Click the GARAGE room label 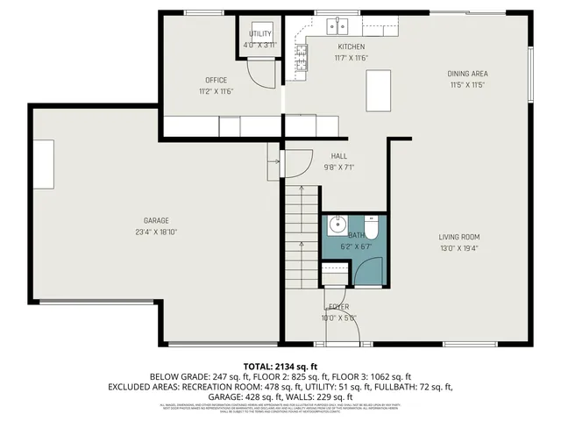click(x=156, y=220)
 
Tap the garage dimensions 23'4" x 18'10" click(x=156, y=232)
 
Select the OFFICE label click(x=216, y=80)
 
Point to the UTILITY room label click(x=259, y=33)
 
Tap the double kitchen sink click(x=338, y=26)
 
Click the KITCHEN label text click(x=351, y=46)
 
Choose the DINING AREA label click(x=468, y=74)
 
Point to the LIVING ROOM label click(x=459, y=237)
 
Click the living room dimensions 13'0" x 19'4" click(x=459, y=248)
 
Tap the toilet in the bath click(x=371, y=229)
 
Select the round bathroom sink click(x=337, y=225)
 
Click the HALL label click(x=338, y=155)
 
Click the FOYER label click(x=338, y=306)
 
